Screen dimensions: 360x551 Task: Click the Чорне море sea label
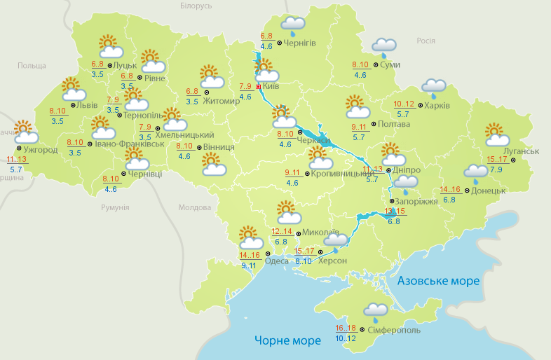[287, 340]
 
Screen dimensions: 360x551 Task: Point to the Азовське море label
[438, 281]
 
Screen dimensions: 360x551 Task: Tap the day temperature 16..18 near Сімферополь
[346, 328]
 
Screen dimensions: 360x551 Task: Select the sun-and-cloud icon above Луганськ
[497, 134]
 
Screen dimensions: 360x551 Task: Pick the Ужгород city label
[40, 150]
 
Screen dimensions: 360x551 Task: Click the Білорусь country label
[196, 6]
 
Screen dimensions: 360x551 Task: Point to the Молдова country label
[194, 208]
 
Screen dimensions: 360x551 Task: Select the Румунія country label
[115, 208]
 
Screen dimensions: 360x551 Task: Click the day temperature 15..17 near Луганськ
[496, 159]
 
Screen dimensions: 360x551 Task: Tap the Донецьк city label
[488, 190]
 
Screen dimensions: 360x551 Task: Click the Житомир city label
[222, 100]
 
